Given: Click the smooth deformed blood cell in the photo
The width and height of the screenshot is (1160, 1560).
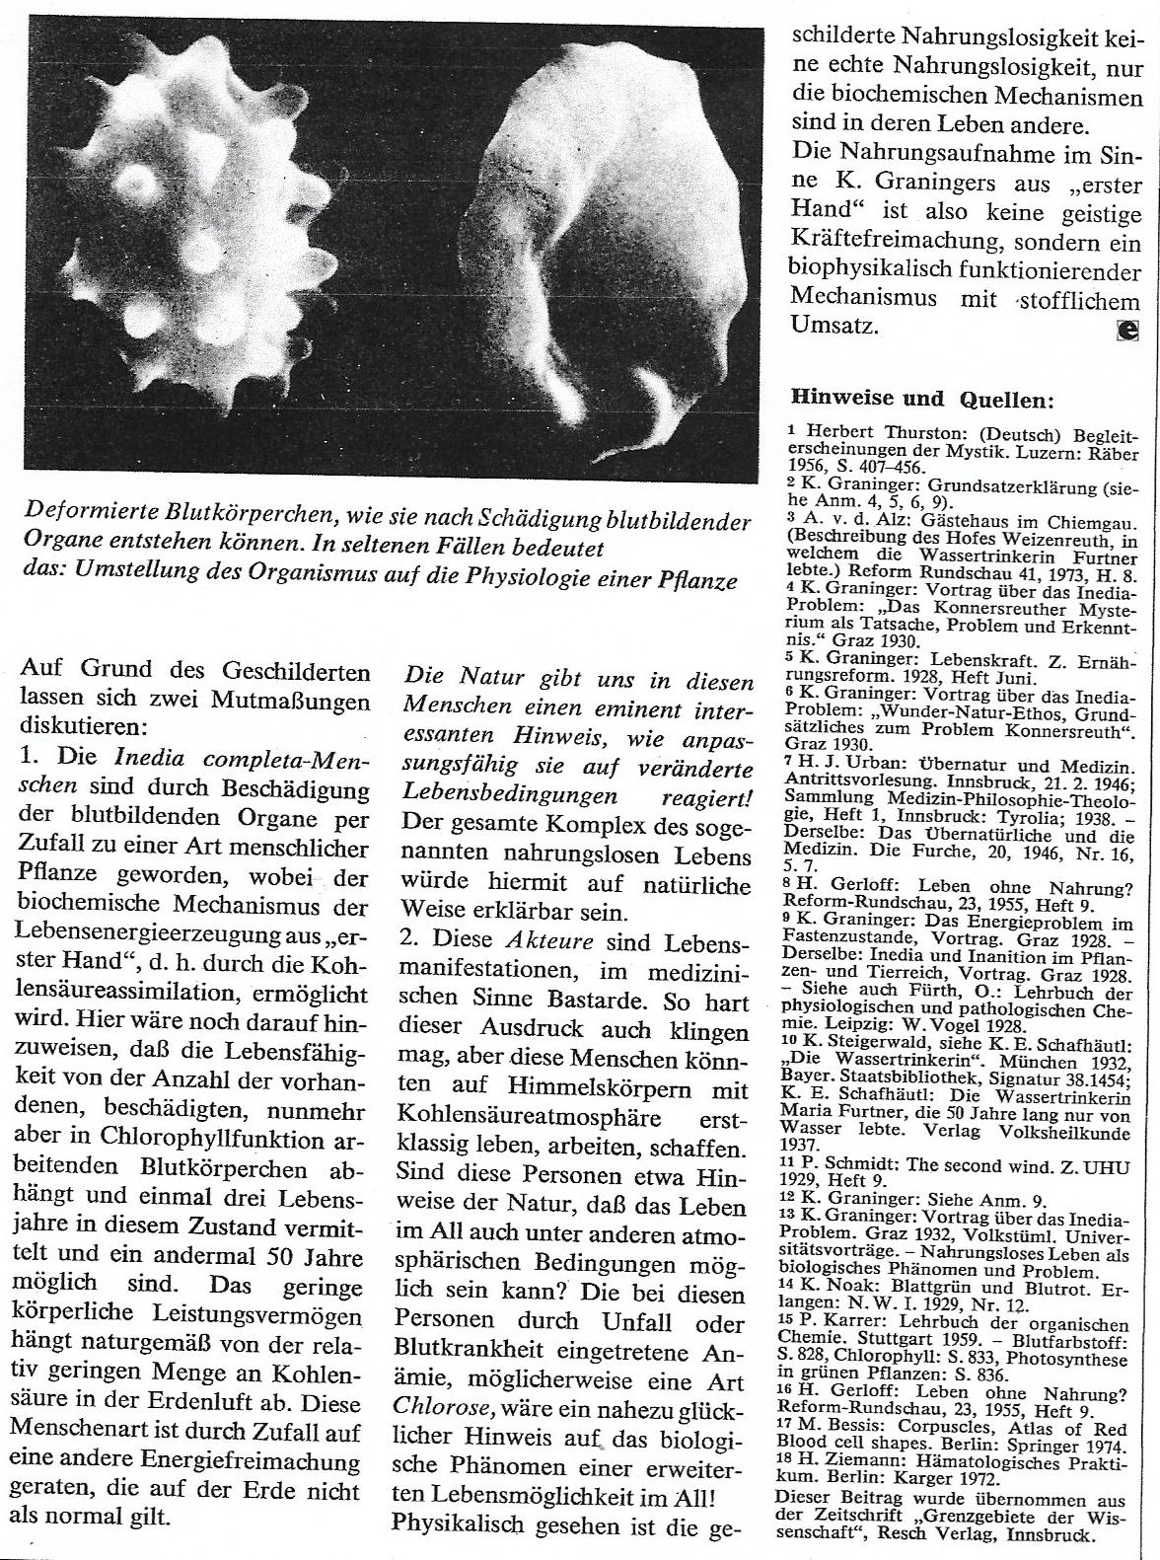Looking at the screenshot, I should [x=612, y=247].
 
